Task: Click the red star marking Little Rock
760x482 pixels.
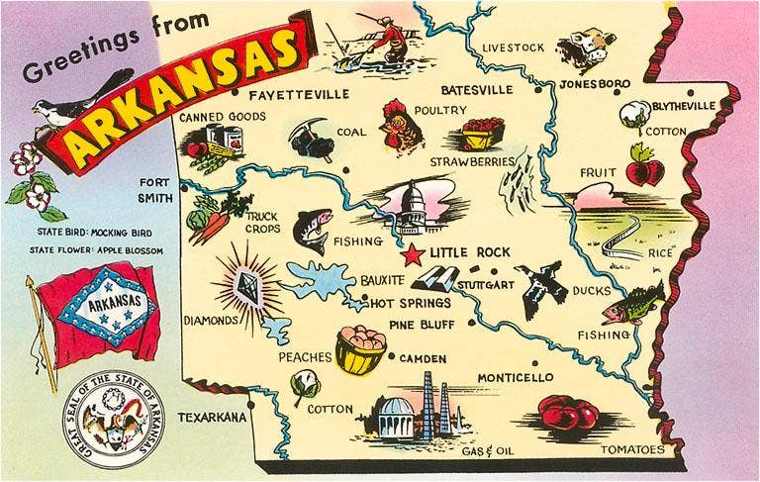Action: point(412,254)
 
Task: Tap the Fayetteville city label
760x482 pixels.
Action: point(299,95)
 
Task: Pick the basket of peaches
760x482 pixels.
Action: point(360,349)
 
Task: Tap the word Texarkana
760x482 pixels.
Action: point(211,418)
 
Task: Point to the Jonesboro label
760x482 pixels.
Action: point(594,83)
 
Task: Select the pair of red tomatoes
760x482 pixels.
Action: point(569,412)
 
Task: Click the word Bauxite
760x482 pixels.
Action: point(385,280)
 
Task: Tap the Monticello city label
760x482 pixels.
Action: point(515,378)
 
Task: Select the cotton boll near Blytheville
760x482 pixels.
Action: point(630,112)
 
